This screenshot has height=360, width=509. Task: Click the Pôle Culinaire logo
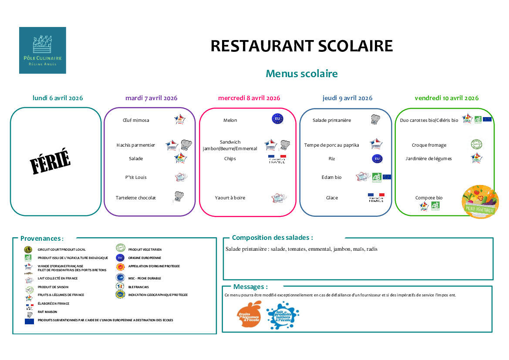[42, 50]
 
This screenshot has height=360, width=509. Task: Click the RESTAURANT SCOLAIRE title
[301, 46]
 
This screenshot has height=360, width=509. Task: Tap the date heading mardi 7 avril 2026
[151, 98]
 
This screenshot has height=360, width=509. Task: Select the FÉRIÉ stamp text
[50, 161]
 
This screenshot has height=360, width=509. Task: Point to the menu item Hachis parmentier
[135, 145]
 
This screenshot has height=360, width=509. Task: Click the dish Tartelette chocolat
[135, 198]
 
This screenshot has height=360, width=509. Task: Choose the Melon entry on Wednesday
[230, 120]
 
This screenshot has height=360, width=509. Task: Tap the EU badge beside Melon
[277, 119]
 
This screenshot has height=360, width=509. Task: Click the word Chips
[230, 158]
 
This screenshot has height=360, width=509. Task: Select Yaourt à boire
[230, 198]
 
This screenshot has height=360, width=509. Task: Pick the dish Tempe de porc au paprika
[331, 145]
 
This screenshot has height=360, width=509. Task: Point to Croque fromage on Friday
[429, 145]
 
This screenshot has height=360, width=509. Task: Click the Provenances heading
[42, 239]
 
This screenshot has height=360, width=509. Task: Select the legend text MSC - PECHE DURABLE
[145, 278]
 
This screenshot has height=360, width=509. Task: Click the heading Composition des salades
[272, 238]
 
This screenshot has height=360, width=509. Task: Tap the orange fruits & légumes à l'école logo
[249, 316]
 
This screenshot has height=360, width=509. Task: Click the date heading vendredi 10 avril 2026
[446, 98]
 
